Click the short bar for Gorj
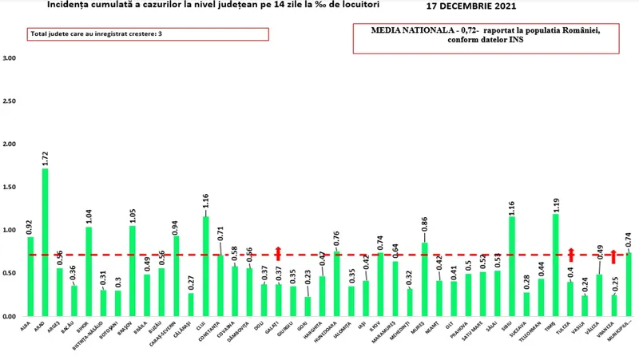click(x=307, y=307)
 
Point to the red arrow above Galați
click(x=278, y=254)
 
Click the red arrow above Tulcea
click(x=570, y=255)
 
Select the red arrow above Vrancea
click(x=613, y=256)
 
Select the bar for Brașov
click(x=132, y=271)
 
